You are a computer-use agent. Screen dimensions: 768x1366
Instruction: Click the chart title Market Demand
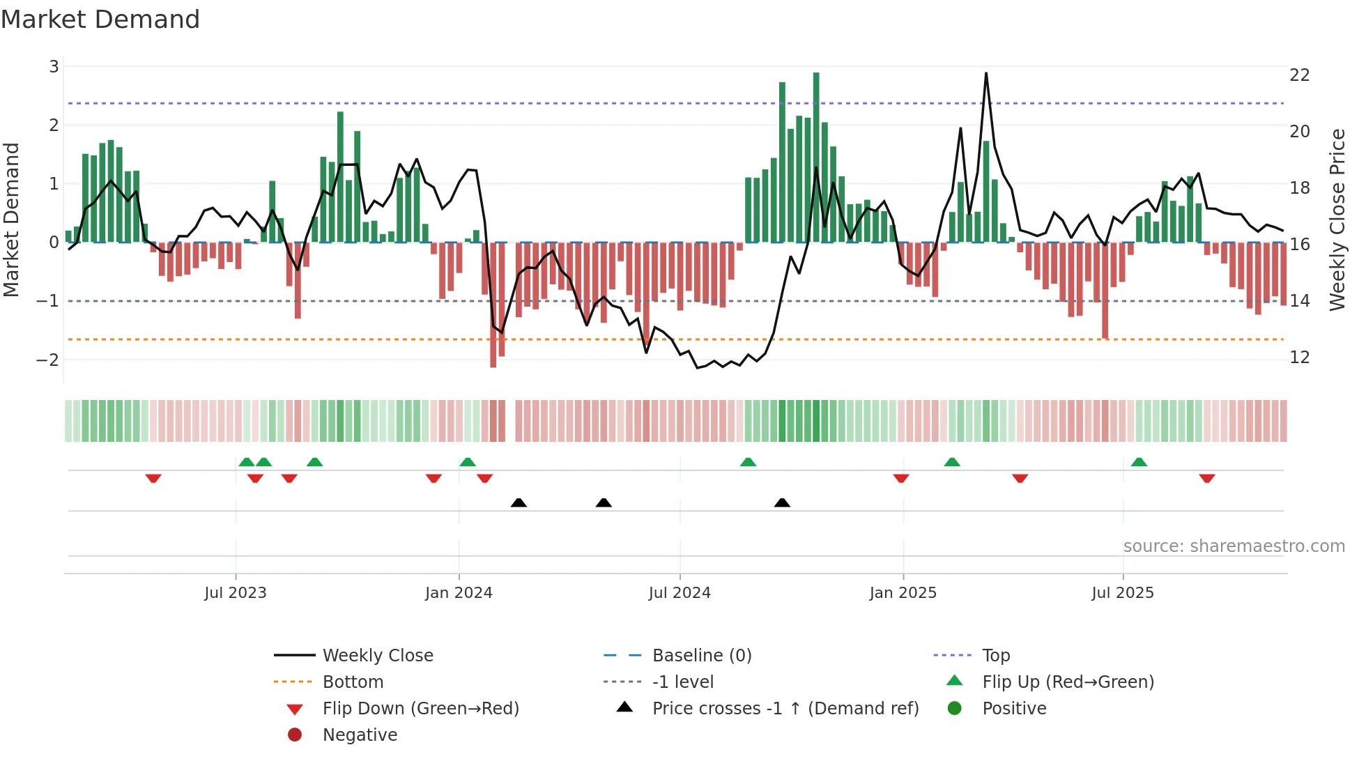(100, 20)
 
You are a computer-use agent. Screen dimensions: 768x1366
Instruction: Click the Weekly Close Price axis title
(1337, 220)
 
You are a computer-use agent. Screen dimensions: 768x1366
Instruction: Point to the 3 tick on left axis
(54, 67)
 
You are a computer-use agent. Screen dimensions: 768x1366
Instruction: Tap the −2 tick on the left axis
(47, 360)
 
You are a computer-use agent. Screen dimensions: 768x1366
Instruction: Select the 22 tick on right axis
(1299, 75)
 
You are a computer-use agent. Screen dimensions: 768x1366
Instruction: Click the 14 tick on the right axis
(1299, 301)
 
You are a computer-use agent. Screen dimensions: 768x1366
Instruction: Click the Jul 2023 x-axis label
(236, 593)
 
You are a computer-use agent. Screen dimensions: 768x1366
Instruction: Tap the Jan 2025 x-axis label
(903, 593)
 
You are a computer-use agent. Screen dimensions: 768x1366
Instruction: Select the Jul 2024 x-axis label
(680, 593)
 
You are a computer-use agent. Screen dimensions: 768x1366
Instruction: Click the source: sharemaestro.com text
(1234, 546)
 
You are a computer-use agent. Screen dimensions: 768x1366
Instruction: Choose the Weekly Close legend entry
(377, 656)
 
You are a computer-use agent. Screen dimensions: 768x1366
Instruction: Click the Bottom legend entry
(353, 682)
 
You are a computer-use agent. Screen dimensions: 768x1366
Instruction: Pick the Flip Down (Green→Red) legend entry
(420, 709)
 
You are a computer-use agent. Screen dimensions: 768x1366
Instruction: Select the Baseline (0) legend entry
(701, 656)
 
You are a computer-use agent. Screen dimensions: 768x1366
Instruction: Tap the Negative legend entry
(360, 735)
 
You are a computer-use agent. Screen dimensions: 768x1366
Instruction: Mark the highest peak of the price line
(986, 73)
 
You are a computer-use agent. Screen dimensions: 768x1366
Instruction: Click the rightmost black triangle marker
(782, 503)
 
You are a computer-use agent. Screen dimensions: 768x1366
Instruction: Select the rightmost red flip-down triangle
(1207, 478)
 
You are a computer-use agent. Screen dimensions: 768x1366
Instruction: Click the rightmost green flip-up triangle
(1139, 462)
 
